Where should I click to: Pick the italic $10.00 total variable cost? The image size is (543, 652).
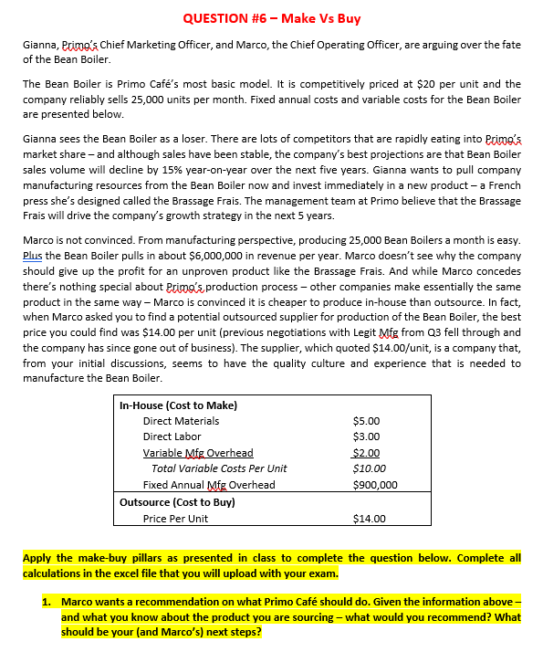[368, 468]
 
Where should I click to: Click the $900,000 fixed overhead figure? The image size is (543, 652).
[374, 485]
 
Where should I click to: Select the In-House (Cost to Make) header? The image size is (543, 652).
[179, 405]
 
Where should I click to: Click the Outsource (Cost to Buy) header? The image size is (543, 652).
[177, 501]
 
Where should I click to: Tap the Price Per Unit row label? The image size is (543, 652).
[175, 518]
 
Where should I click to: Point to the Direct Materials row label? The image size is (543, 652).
[181, 421]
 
